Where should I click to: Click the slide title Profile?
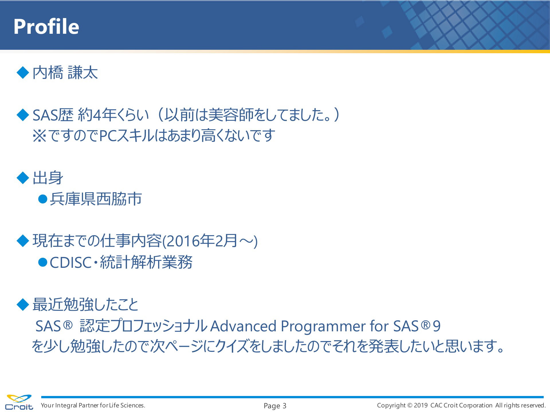pyautogui.click(x=46, y=26)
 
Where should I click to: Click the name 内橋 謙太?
pyautogui.click(x=65, y=72)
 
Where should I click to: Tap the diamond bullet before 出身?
pyautogui.click(x=23, y=178)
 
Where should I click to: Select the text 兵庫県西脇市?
pyautogui.click(x=96, y=199)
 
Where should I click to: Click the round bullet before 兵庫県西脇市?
pyautogui.click(x=43, y=199)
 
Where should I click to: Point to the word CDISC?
pyautogui.click(x=70, y=262)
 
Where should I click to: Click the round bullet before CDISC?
pyautogui.click(x=43, y=262)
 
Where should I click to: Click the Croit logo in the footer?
pyautogui.click(x=19, y=402)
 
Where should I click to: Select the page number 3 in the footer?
pyautogui.click(x=284, y=406)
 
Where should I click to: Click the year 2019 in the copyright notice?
pyautogui.click(x=421, y=405)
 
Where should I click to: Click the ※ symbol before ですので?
pyautogui.click(x=40, y=136)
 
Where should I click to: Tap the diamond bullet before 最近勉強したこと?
pyautogui.click(x=23, y=304)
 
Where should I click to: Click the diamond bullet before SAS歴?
pyautogui.click(x=23, y=115)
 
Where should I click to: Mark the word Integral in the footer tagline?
pyautogui.click(x=66, y=406)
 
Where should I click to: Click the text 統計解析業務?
pyautogui.click(x=146, y=262)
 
